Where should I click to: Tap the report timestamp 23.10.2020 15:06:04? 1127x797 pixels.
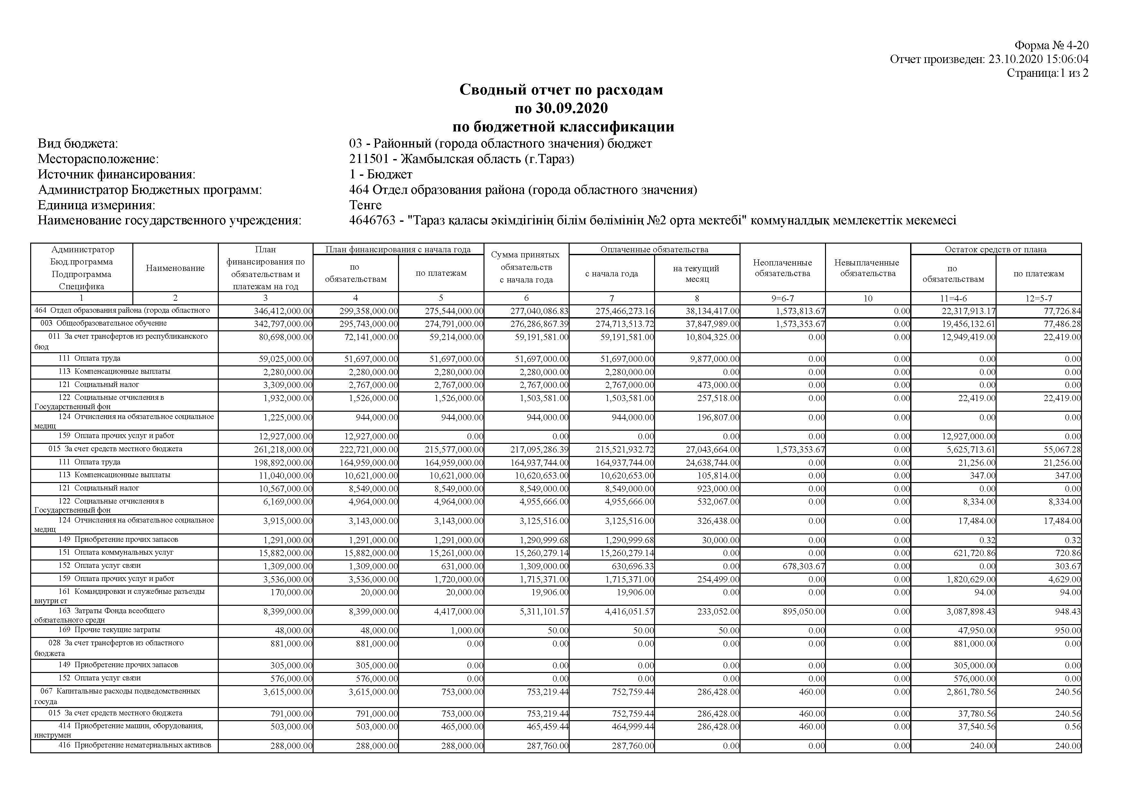1038,59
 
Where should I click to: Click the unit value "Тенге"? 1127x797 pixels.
365,205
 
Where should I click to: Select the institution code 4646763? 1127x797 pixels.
372,220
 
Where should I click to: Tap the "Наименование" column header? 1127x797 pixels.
175,268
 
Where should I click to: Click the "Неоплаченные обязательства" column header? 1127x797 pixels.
782,268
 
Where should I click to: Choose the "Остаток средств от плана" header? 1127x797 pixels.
996,249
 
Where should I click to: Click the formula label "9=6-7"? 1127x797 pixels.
782,298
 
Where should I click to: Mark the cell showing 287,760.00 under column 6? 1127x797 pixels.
547,746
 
